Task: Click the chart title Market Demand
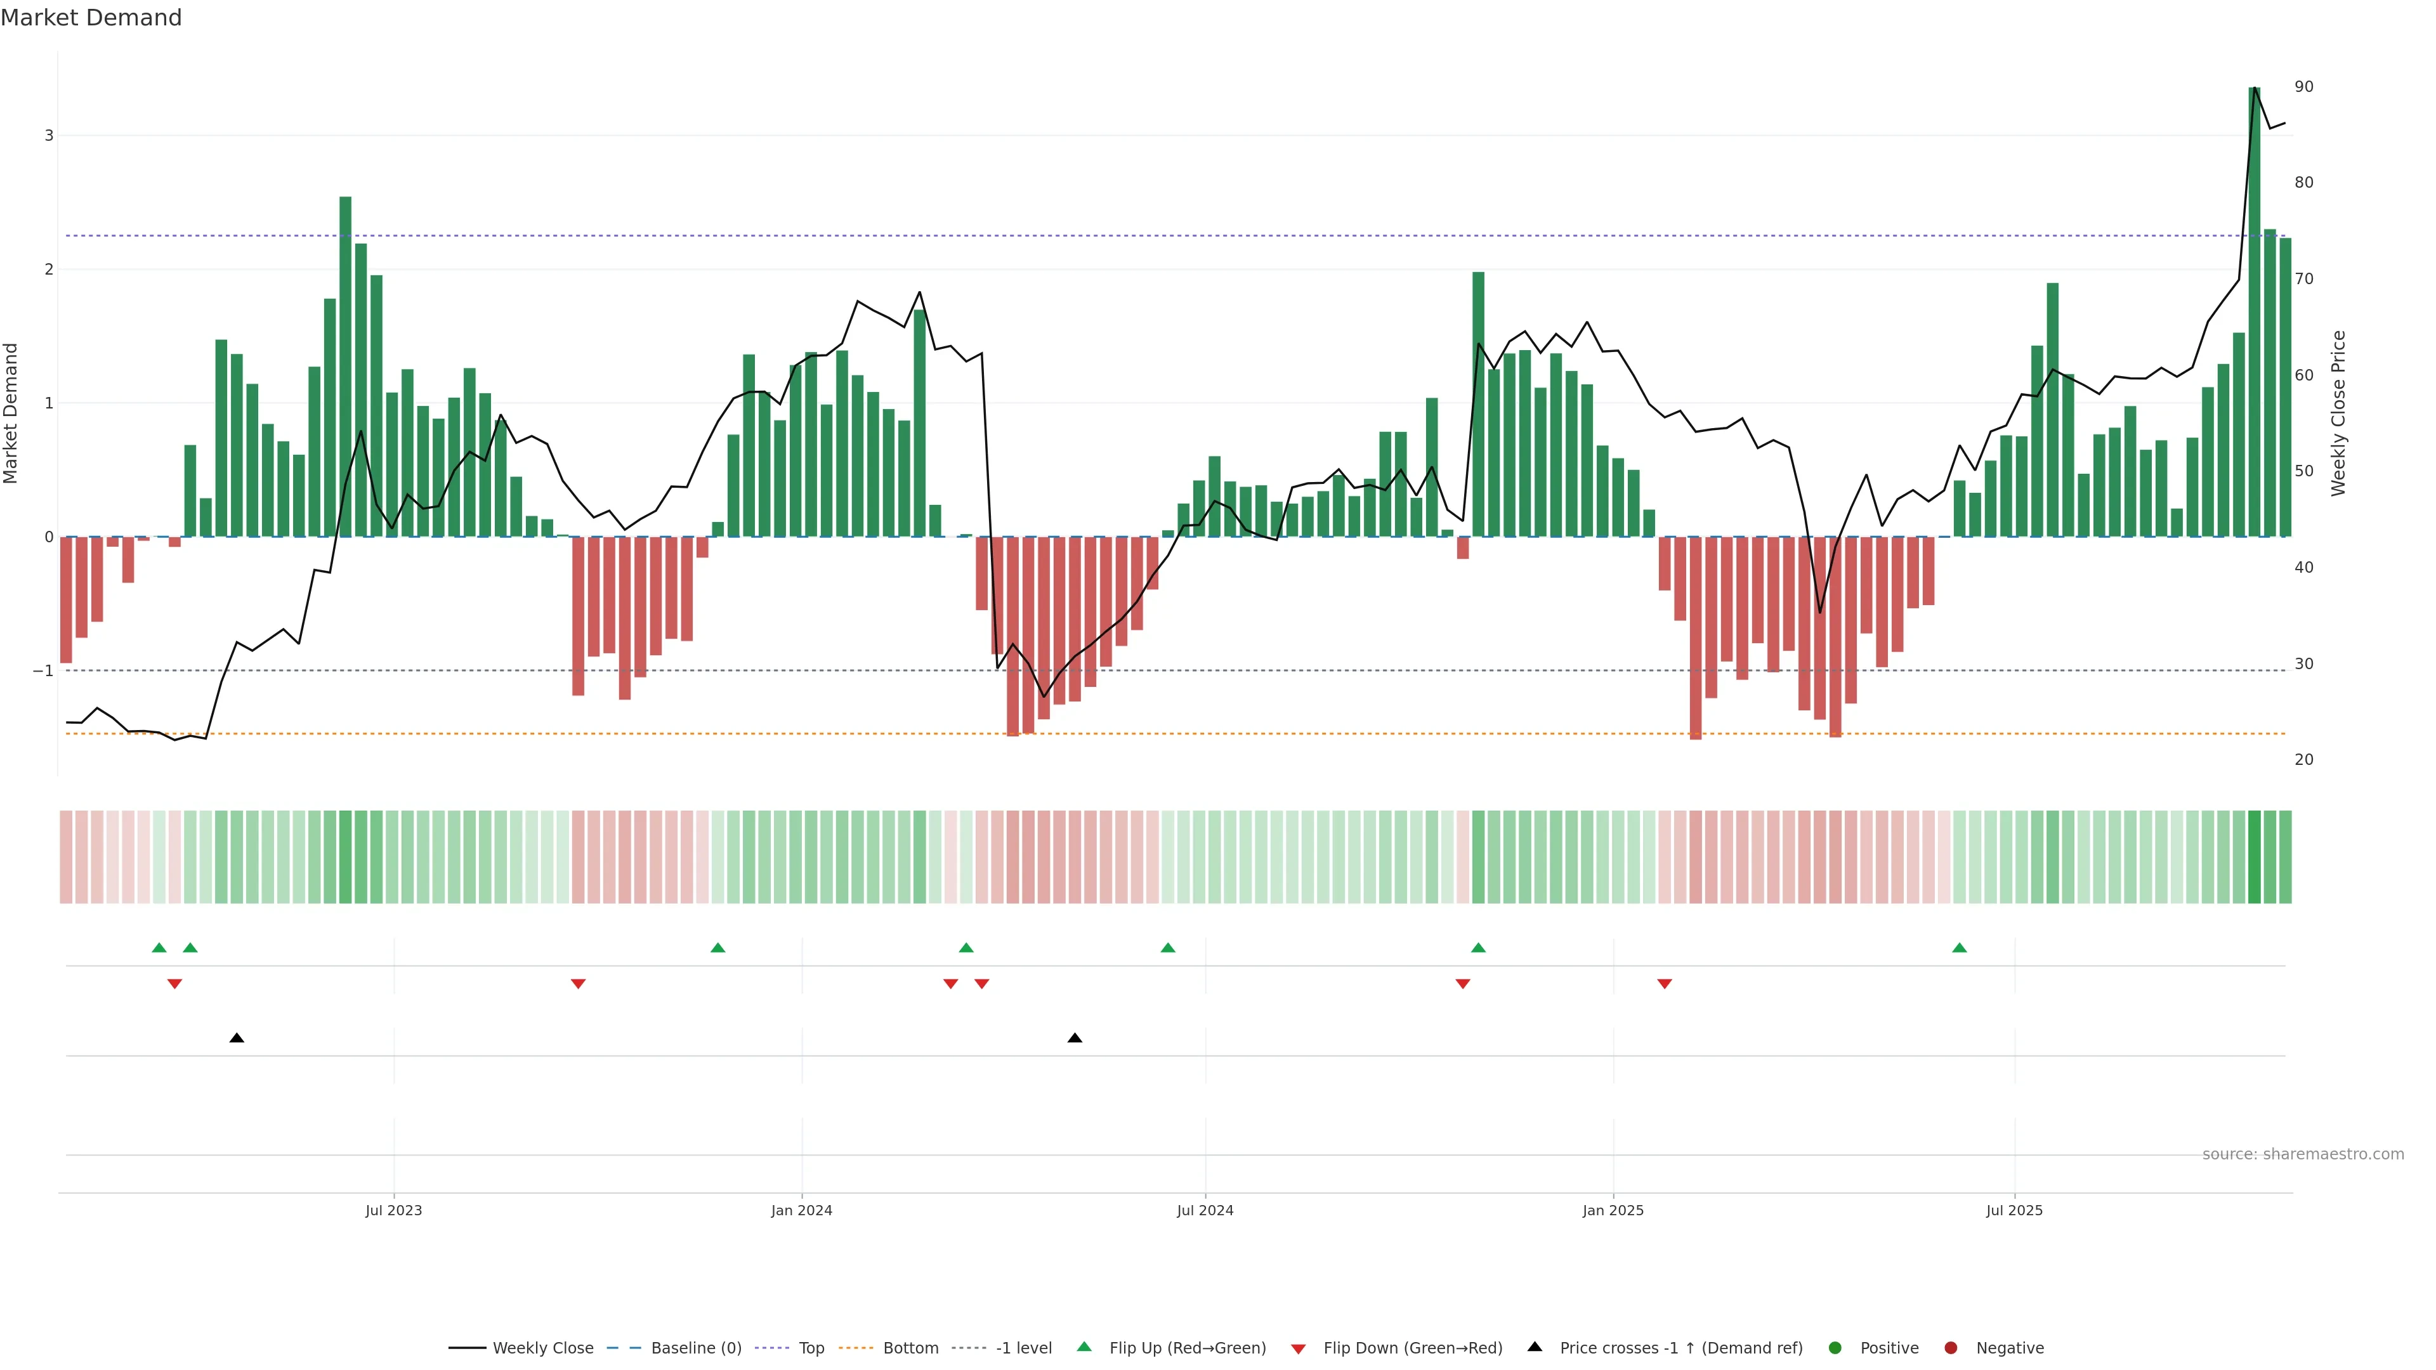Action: click(x=91, y=18)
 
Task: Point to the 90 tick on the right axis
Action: click(x=2303, y=87)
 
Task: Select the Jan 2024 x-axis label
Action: click(x=801, y=1210)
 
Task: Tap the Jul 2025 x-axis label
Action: click(x=2014, y=1210)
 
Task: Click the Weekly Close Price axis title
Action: click(x=2338, y=413)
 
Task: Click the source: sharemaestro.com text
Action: click(x=2303, y=1154)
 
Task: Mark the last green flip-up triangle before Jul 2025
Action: click(x=1960, y=948)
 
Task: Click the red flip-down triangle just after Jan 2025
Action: click(x=1665, y=984)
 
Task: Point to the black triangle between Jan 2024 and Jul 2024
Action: click(x=1074, y=1038)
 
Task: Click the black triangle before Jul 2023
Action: click(x=237, y=1038)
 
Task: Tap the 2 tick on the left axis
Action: click(x=49, y=270)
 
